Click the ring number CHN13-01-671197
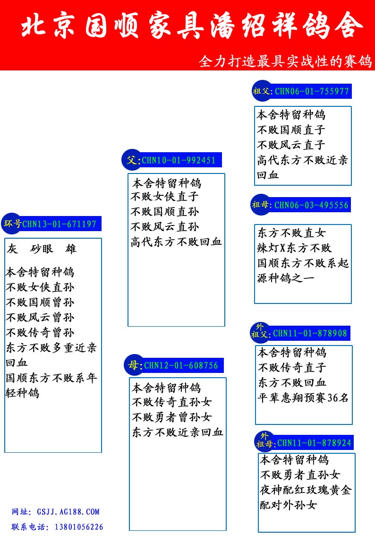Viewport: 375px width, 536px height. click(60, 224)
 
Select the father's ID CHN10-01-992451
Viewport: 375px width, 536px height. click(179, 160)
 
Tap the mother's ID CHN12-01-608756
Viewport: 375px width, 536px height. click(181, 366)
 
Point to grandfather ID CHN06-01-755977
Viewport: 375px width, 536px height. click(312, 91)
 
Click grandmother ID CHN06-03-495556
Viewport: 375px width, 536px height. click(311, 205)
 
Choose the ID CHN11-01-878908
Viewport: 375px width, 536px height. click(310, 333)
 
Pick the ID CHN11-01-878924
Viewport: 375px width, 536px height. click(314, 443)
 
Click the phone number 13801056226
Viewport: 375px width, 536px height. click(79, 527)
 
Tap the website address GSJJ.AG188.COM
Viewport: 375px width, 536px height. click(68, 512)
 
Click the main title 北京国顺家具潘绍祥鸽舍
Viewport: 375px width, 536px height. click(192, 26)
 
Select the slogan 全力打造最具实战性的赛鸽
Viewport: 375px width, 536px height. click(286, 61)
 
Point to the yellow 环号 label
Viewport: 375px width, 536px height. click(13, 224)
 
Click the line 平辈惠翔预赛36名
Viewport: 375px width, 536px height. click(303, 398)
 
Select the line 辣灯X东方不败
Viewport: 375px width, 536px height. click(294, 248)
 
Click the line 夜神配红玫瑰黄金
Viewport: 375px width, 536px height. click(306, 490)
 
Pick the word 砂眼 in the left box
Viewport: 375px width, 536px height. click(42, 249)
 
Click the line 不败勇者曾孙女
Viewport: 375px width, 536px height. click(172, 417)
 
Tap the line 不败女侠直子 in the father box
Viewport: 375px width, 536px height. click(164, 197)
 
